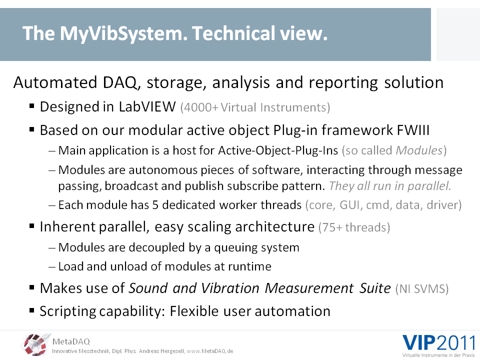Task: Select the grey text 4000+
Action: click(199, 108)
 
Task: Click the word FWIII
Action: click(413, 130)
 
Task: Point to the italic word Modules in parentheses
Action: click(419, 150)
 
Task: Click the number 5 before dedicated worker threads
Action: click(155, 205)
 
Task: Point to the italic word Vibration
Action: click(230, 288)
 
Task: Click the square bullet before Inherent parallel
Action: click(32, 226)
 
